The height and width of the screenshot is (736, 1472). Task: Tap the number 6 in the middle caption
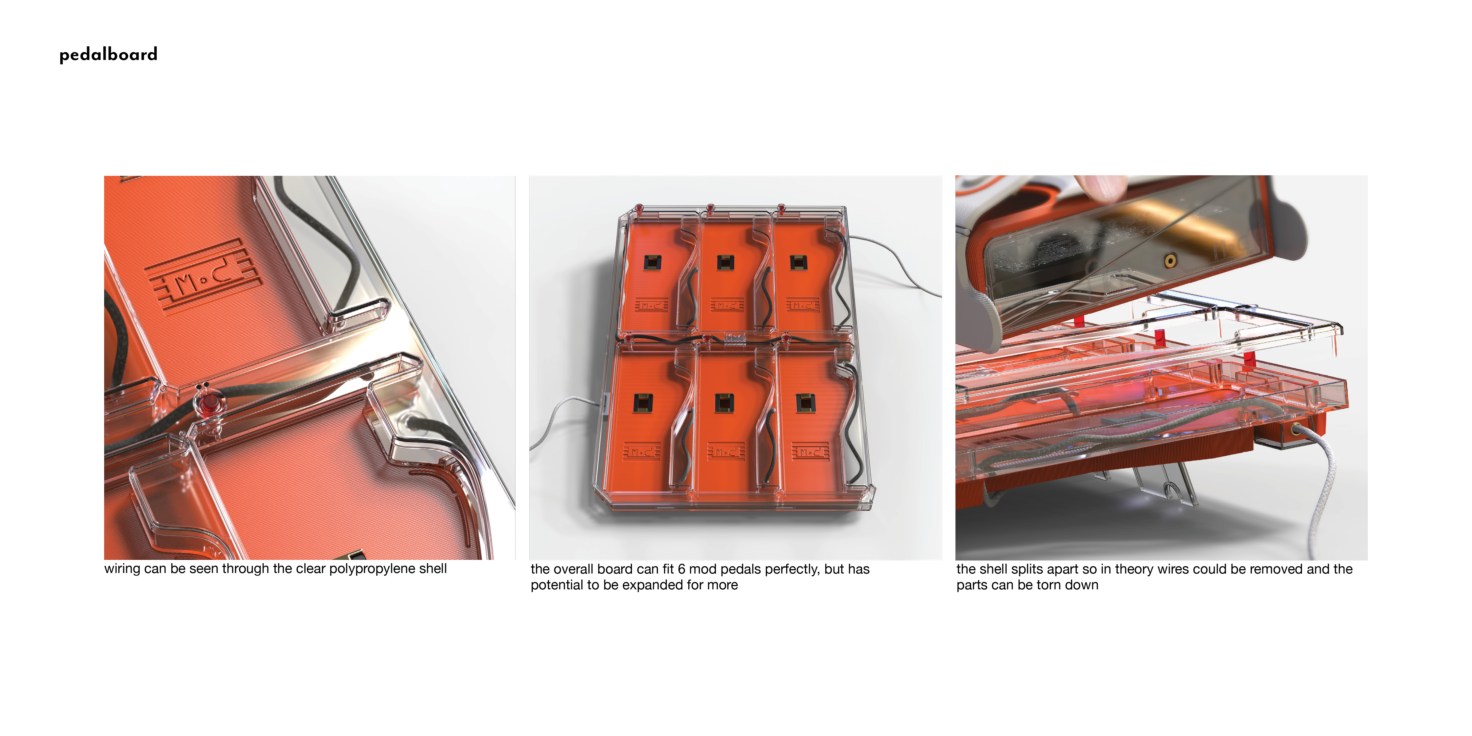[681, 569]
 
